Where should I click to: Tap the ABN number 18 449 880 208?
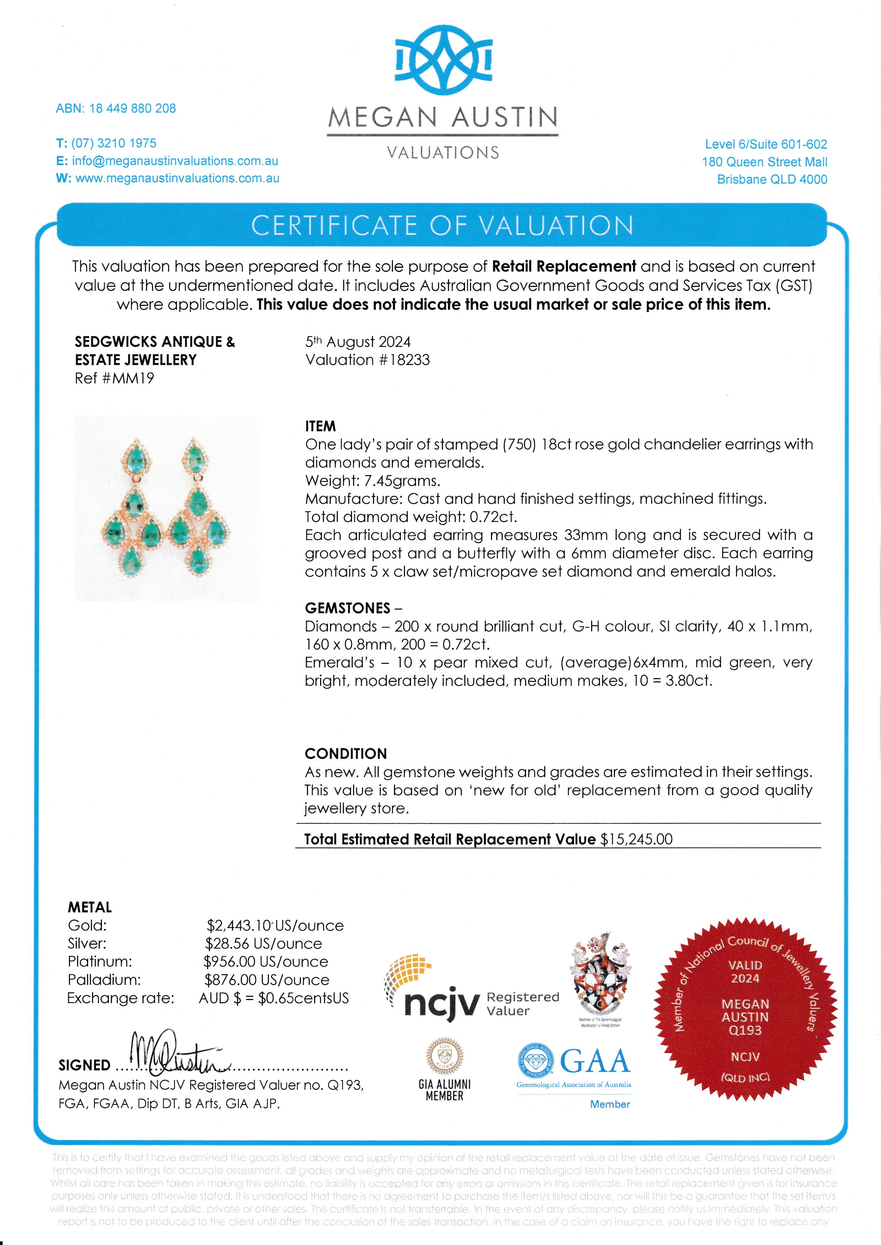click(133, 108)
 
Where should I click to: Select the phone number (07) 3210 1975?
click(114, 144)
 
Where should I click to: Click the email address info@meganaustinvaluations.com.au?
click(175, 161)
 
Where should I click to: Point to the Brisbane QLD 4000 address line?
click(772, 180)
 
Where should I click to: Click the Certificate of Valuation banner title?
click(442, 225)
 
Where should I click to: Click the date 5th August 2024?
click(358, 342)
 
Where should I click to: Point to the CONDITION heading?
click(346, 754)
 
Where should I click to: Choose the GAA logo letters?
click(595, 1062)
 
